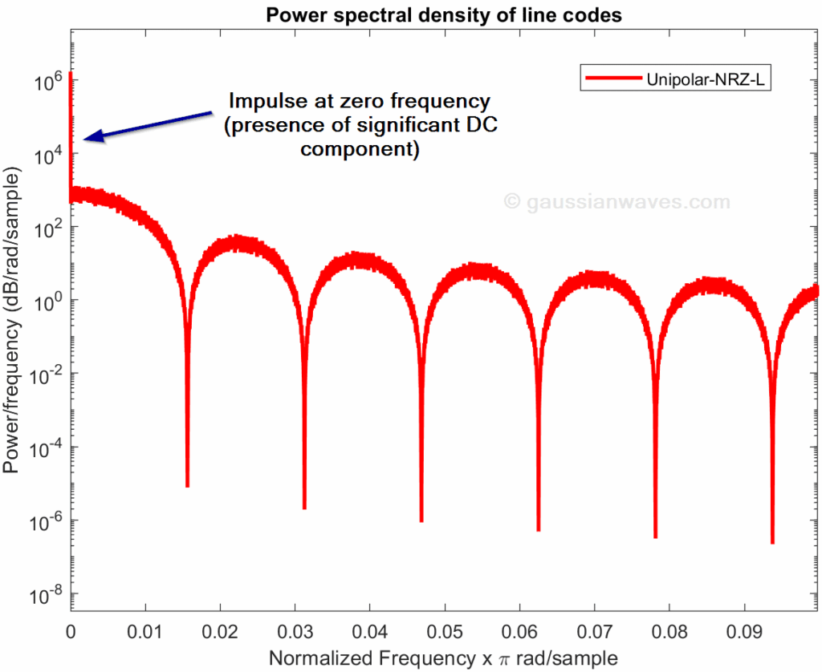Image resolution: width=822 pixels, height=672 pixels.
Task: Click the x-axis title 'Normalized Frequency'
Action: click(354, 658)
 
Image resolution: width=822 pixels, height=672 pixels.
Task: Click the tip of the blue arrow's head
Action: click(85, 140)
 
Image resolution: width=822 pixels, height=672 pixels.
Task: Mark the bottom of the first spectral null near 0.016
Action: click(187, 485)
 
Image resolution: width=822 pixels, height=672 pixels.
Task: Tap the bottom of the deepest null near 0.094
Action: click(772, 542)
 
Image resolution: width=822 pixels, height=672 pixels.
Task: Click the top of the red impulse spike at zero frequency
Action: click(71, 74)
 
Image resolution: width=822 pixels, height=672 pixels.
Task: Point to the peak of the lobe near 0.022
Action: click(234, 241)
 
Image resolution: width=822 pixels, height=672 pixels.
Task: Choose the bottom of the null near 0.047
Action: click(421, 520)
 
